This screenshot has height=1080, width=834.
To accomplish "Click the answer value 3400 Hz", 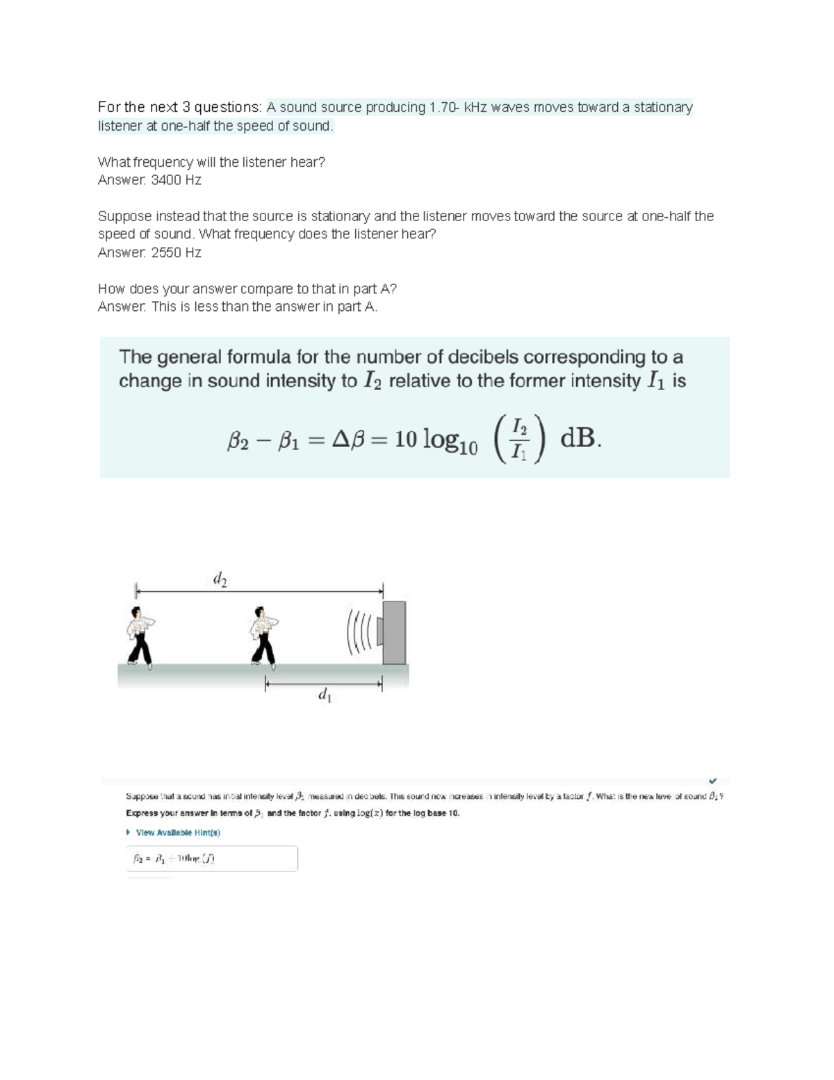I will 176,180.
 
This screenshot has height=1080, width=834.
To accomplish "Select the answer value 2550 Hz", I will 176,252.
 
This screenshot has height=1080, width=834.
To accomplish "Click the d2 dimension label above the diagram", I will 220,579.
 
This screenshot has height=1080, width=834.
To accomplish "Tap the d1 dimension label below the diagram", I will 324,695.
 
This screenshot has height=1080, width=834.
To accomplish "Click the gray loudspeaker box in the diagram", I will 393,632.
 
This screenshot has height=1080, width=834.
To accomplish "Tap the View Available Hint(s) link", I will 177,832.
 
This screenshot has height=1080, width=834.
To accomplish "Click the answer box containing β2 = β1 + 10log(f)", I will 211,859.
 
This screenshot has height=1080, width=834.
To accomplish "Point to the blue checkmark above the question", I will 712,781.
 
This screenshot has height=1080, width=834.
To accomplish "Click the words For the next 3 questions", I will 179,107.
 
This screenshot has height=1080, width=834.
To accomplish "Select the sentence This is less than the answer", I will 264,307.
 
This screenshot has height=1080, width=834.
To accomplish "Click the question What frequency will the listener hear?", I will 211,162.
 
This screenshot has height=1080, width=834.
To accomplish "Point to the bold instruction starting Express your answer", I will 293,813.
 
